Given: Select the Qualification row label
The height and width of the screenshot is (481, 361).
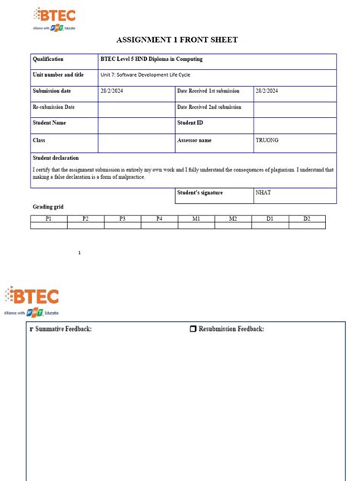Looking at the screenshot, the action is click(x=48, y=59).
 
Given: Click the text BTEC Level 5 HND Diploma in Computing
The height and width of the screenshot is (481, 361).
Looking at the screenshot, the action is click(x=152, y=59).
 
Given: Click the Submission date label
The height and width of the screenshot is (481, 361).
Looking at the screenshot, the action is click(x=52, y=91).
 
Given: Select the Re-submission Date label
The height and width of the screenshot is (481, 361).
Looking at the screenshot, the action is click(x=54, y=107).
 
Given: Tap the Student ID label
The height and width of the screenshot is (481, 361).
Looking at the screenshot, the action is click(x=190, y=123).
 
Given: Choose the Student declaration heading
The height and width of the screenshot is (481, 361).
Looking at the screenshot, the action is click(x=56, y=158).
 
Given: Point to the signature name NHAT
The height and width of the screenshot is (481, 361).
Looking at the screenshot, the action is click(x=264, y=193).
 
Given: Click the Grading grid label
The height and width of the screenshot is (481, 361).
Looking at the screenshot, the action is click(x=47, y=207).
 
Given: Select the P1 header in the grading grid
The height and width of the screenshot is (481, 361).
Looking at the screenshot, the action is click(x=49, y=218).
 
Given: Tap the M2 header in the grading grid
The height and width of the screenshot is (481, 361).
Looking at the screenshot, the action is click(x=232, y=218).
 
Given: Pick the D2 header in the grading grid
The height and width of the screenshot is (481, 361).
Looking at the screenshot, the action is click(x=306, y=218).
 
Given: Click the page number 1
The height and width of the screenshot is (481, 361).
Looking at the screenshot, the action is click(x=79, y=253).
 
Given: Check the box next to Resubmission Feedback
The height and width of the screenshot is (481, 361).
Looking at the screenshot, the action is click(x=193, y=329).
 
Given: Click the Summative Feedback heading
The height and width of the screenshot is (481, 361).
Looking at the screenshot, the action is click(x=63, y=329).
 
